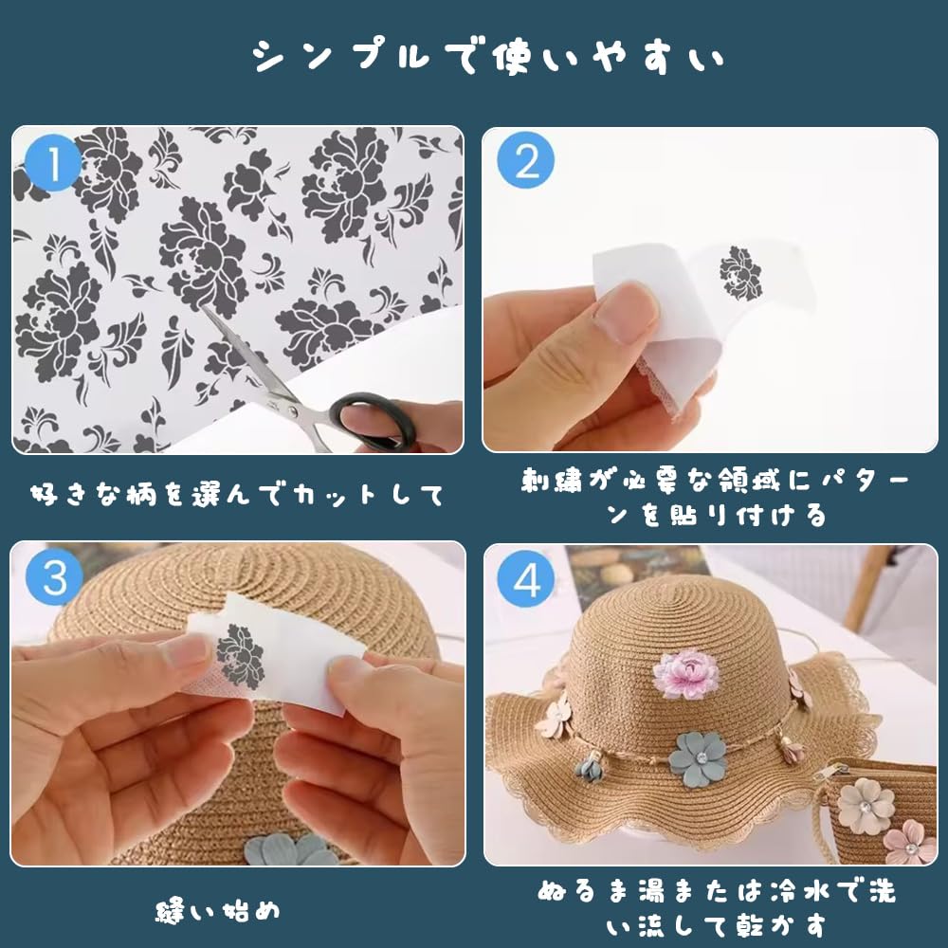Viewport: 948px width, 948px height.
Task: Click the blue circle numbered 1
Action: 53,163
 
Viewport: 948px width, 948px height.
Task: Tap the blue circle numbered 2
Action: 525,160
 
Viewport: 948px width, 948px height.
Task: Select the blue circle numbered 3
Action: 54,576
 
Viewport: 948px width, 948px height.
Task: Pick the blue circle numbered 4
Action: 526,579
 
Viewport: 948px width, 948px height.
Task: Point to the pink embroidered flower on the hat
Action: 686,673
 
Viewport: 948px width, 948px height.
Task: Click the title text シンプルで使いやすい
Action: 487,58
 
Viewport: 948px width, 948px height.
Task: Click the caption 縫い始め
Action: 218,910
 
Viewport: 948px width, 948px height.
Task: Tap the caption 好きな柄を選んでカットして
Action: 237,495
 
